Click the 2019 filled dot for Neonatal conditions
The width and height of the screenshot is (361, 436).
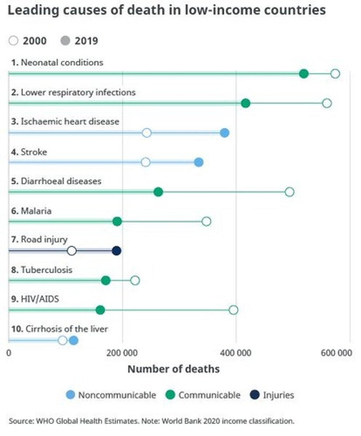click(x=304, y=74)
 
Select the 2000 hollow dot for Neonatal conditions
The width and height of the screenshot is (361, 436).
click(x=335, y=74)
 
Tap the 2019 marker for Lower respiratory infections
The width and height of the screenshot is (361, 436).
click(x=245, y=103)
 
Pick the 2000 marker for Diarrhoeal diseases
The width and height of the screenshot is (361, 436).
click(x=289, y=192)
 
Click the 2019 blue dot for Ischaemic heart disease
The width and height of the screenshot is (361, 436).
click(x=225, y=133)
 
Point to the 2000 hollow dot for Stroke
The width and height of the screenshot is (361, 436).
click(x=145, y=162)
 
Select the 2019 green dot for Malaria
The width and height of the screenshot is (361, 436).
click(x=117, y=221)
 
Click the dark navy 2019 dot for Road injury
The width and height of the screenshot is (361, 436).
click(x=116, y=251)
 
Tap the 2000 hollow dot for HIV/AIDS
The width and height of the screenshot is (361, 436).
click(x=234, y=310)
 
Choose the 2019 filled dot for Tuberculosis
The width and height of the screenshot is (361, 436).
click(x=106, y=280)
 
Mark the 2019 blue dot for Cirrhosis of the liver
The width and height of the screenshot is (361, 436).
click(x=73, y=340)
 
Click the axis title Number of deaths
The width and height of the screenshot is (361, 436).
click(x=173, y=369)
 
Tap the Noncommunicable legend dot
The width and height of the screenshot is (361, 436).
click(x=71, y=395)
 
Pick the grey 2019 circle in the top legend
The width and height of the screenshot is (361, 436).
click(x=66, y=41)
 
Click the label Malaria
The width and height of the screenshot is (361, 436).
click(x=36, y=211)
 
